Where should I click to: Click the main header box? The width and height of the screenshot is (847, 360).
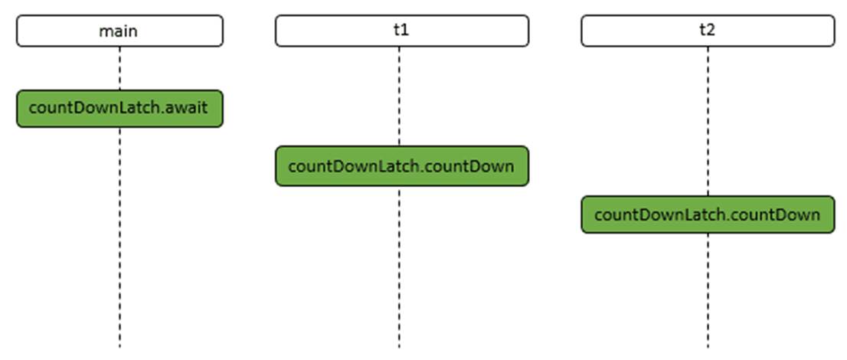(119, 31)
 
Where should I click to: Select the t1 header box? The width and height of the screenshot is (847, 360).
(402, 31)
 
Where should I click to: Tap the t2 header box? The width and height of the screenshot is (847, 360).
(708, 31)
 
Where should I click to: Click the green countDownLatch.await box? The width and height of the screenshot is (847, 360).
(119, 109)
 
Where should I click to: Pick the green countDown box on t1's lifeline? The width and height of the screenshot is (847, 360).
(402, 166)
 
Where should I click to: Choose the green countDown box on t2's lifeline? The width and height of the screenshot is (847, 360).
(708, 214)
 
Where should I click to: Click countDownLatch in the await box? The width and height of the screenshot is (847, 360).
(95, 107)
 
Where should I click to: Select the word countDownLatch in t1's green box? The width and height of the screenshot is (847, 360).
(354, 166)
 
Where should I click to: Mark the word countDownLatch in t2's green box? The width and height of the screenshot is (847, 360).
(660, 214)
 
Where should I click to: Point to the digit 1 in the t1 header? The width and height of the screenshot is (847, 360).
(405, 30)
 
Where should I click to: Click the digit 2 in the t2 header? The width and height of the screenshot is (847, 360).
(711, 30)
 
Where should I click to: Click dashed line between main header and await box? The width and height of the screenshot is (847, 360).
(119, 69)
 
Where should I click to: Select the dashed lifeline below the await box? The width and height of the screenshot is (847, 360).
(119, 238)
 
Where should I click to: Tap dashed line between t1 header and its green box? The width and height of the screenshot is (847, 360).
(399, 97)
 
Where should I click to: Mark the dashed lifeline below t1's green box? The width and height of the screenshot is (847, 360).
(399, 267)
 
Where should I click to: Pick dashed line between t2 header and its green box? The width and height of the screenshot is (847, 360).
(708, 121)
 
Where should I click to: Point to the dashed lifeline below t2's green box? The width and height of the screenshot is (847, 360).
(708, 291)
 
